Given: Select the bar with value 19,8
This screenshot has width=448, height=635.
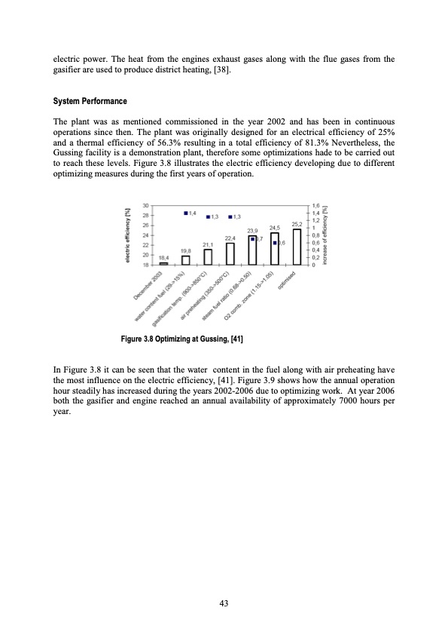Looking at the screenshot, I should [185, 260].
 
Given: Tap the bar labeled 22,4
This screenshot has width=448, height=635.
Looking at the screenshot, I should [230, 253].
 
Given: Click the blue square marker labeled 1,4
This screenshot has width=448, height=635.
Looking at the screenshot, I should [186, 213].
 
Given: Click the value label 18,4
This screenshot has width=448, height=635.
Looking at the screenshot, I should [163, 258].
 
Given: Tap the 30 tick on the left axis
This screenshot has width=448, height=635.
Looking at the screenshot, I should [145, 205].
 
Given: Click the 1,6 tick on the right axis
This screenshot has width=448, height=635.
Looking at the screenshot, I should [315, 205].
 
